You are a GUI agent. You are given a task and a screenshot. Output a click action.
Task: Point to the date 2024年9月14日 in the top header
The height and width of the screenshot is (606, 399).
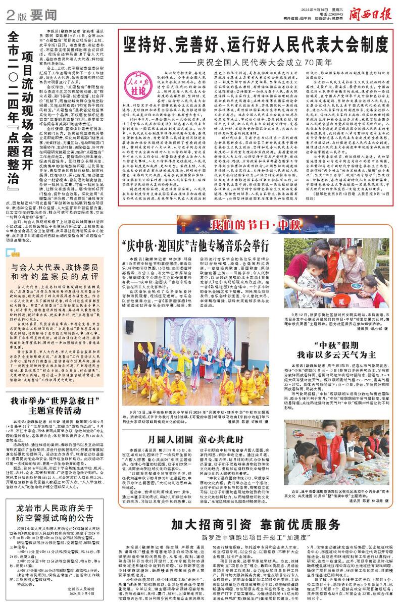(309, 5)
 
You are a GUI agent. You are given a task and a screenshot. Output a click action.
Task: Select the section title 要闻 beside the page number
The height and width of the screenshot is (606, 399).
(30, 14)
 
